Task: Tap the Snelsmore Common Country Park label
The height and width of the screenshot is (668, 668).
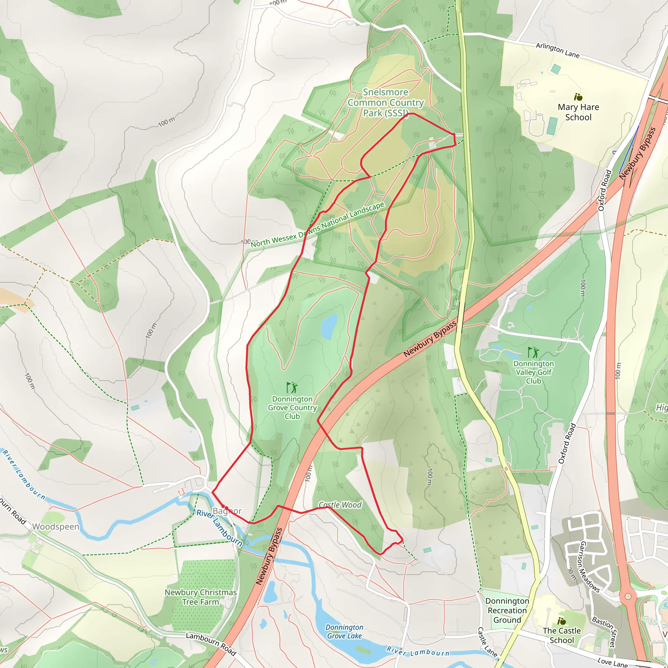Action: pyautogui.click(x=386, y=102)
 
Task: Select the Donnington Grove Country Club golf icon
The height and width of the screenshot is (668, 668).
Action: pyautogui.click(x=292, y=387)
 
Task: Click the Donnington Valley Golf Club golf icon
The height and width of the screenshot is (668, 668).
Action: pyautogui.click(x=533, y=352)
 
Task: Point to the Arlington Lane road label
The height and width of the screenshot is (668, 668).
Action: pyautogui.click(x=557, y=50)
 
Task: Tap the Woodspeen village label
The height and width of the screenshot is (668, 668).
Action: pyautogui.click(x=56, y=526)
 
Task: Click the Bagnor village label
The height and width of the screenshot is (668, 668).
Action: pyautogui.click(x=227, y=511)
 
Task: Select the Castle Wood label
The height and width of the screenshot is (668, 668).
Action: pyautogui.click(x=340, y=505)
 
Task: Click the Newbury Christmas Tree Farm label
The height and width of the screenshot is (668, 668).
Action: pyautogui.click(x=201, y=597)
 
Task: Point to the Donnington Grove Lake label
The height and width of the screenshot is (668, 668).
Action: pyautogui.click(x=344, y=631)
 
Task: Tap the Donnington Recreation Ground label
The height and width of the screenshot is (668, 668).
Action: pyautogui.click(x=507, y=610)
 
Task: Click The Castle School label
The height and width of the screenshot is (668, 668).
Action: pyautogui.click(x=562, y=635)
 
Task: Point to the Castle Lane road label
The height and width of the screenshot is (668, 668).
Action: pyautogui.click(x=487, y=642)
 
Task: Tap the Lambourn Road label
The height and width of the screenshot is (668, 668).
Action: pyautogui.click(x=211, y=644)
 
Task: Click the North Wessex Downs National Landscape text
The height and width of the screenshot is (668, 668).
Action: pyautogui.click(x=317, y=225)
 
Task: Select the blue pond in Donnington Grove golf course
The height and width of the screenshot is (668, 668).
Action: pyautogui.click(x=328, y=326)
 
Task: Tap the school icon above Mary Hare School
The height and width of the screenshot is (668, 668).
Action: pyautogui.click(x=578, y=97)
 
